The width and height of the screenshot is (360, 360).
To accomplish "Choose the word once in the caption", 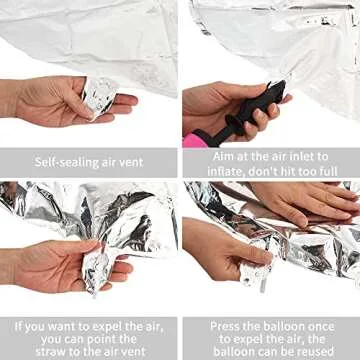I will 315,325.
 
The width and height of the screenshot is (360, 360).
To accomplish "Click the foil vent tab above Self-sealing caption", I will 99,94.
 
